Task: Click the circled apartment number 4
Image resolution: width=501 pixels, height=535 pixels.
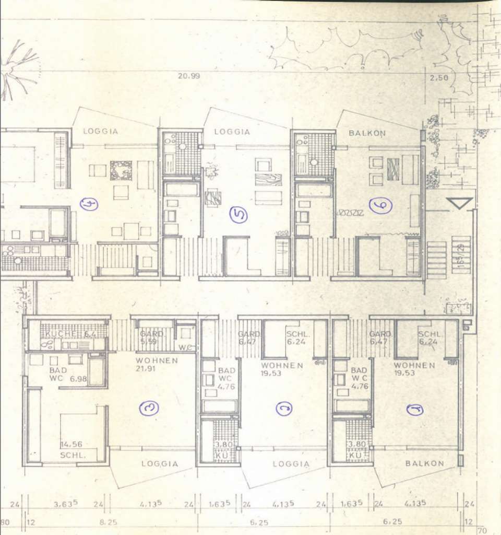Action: [89, 204]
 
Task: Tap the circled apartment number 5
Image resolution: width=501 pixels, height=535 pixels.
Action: [238, 214]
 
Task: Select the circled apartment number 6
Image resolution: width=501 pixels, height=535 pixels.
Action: [380, 206]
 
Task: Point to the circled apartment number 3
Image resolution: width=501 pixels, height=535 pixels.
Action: [149, 409]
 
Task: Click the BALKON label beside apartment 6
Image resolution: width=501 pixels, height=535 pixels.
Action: [367, 133]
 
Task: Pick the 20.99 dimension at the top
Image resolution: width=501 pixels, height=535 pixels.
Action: [188, 76]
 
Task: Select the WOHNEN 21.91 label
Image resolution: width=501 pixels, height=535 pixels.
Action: [157, 364]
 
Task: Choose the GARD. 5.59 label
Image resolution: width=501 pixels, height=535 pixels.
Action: [152, 338]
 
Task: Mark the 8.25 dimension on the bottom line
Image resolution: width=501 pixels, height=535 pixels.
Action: [109, 521]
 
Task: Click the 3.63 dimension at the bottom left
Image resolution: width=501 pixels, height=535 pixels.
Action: [66, 504]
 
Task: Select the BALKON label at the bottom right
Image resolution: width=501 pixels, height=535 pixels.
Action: [424, 463]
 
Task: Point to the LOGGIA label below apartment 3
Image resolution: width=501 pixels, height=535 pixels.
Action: [160, 463]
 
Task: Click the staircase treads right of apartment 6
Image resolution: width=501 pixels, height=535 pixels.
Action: [437, 260]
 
